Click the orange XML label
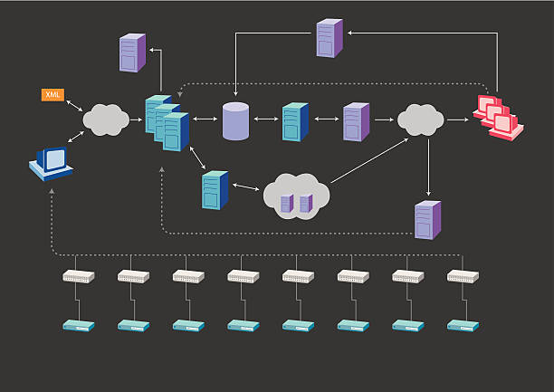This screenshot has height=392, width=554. pyautogui.click(x=52, y=94)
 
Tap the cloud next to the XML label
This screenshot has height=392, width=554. pyautogui.click(x=105, y=120)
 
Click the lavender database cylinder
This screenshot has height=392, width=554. pyautogui.click(x=235, y=121)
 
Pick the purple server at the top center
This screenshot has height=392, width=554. pyautogui.click(x=330, y=39)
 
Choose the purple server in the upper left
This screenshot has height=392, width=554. pyautogui.click(x=132, y=53)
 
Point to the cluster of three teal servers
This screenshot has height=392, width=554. pyautogui.click(x=167, y=121)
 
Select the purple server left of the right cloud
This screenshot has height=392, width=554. pyautogui.click(x=356, y=121)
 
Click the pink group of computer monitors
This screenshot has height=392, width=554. pyautogui.click(x=497, y=117)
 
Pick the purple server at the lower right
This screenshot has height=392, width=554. pyautogui.click(x=427, y=219)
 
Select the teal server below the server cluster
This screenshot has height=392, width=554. pyautogui.click(x=215, y=189)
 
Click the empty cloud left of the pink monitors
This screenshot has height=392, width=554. pyautogui.click(x=419, y=119)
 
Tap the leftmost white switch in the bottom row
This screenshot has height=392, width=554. pyautogui.click(x=78, y=277)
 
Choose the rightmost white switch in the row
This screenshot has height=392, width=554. pyautogui.click(x=463, y=277)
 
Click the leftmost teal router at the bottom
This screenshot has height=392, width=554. pyautogui.click(x=78, y=324)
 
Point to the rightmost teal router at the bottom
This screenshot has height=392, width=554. pyautogui.click(x=463, y=324)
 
